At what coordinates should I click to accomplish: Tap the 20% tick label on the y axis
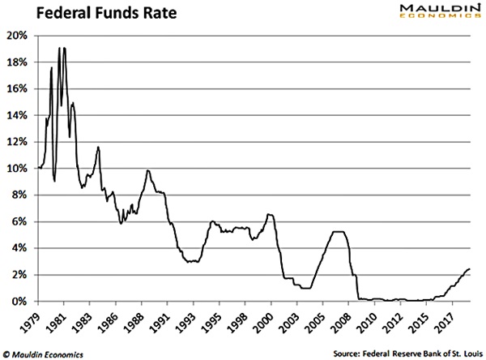18,36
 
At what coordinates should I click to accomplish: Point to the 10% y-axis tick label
18,169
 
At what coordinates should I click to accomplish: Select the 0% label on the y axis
20,302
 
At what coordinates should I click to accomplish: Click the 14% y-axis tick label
18,115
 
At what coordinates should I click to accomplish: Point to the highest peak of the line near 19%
59,49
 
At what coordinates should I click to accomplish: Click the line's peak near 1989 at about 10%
148,170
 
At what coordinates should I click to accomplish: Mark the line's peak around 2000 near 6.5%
270,214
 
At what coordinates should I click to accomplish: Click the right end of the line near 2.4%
469,269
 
